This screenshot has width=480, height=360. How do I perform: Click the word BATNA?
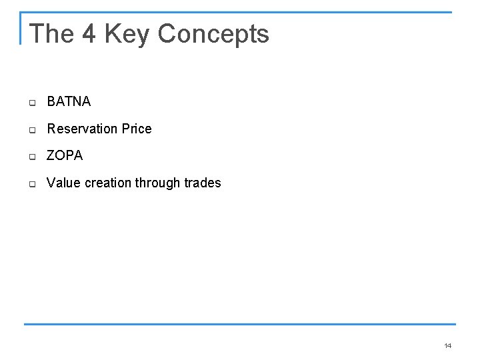coord(69,102)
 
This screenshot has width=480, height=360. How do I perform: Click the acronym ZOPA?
coord(65,155)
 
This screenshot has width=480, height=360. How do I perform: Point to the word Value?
coord(63,183)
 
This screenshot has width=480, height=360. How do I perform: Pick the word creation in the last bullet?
coord(108,183)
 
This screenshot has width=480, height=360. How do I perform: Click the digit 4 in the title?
coord(90,33)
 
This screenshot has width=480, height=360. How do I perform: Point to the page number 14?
coord(447,345)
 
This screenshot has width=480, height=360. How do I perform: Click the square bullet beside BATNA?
coord(31,103)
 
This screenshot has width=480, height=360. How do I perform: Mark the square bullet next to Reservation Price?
coord(31,130)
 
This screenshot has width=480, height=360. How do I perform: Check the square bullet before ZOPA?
coord(31,157)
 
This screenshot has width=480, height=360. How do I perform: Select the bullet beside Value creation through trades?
coord(31,184)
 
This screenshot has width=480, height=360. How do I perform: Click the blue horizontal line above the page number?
coord(240,325)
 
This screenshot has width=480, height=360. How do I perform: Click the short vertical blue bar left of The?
coord(21,28)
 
